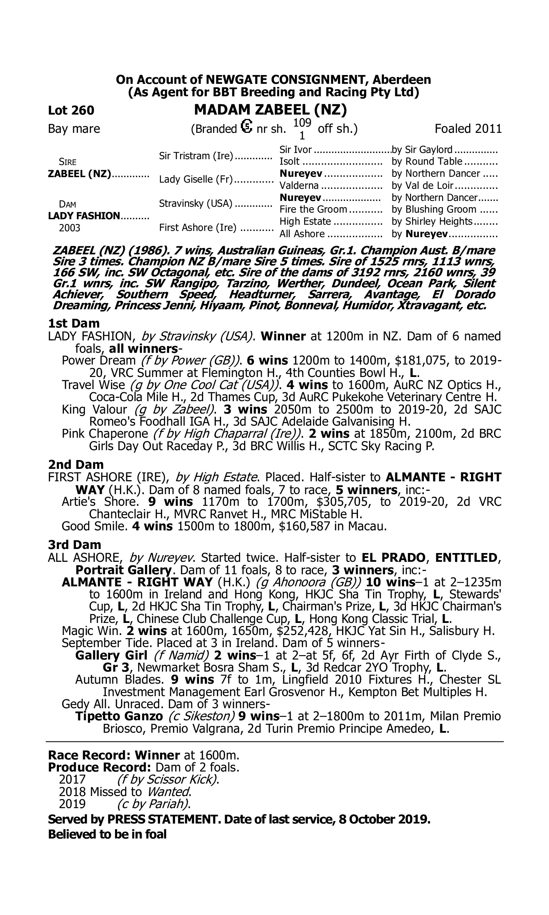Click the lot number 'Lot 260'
click(71, 110)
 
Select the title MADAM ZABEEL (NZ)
click(270, 109)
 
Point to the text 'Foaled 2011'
click(468, 129)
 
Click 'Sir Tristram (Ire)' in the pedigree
click(196, 156)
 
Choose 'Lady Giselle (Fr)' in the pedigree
click(196, 180)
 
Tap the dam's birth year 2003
click(70, 228)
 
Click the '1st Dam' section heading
click(74, 323)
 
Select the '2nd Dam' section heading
click(76, 464)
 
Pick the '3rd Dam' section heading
click(74, 545)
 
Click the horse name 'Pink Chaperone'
click(105, 433)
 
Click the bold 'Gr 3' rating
click(115, 668)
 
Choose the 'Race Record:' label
click(90, 755)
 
